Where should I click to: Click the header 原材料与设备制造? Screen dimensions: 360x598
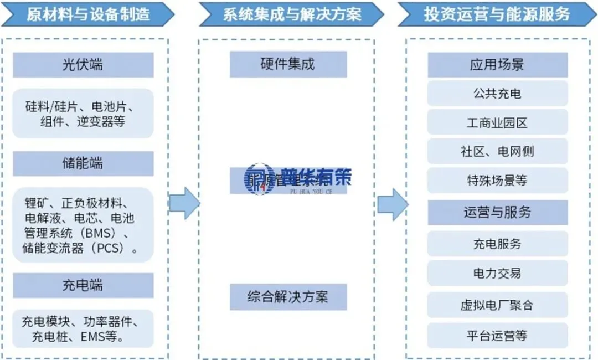coord(88,14)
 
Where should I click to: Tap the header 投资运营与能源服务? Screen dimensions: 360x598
coord(497,14)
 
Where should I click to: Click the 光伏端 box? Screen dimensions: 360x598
coord(83,65)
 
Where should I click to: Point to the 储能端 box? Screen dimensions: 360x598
coord(83,163)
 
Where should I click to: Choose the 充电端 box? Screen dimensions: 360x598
coord(83,285)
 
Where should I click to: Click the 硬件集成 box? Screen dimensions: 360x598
coord(288,64)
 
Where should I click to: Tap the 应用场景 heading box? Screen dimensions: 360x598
coord(497,65)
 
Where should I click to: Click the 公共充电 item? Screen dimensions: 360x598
coord(497,93)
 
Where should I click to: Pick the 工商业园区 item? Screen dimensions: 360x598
coord(497,122)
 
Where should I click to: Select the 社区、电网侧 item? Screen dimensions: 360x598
coord(497,151)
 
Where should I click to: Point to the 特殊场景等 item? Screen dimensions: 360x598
coord(497,181)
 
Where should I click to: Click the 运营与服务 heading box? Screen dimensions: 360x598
coord(497,212)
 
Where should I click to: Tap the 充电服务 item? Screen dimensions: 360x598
coord(497,244)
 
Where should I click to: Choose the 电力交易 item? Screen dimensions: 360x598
coord(497,273)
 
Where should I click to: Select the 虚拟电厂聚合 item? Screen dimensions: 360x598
coord(497,305)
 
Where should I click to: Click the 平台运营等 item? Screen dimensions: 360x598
coord(497,336)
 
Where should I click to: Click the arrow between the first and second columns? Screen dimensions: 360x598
coord(184,203)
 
